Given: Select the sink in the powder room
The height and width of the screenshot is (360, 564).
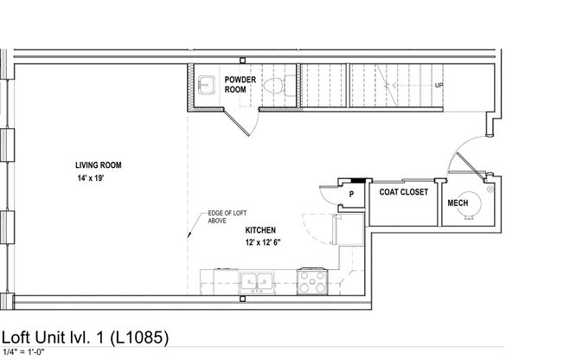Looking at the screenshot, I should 205,85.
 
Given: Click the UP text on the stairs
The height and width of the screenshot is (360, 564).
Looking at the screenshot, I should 439,86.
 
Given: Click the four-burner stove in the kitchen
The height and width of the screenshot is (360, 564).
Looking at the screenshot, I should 311,280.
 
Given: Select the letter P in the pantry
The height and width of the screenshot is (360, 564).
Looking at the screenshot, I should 351,195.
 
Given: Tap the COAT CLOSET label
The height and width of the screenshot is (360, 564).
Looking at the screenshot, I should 404,193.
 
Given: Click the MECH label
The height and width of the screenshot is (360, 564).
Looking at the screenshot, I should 458,203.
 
